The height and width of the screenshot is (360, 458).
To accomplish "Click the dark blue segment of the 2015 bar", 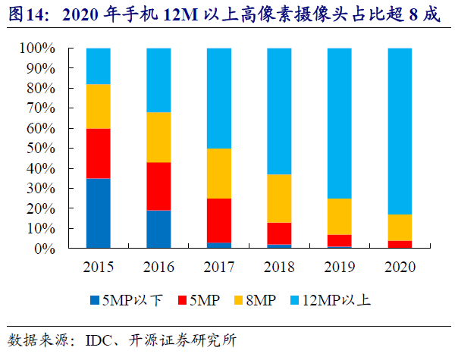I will (98, 213).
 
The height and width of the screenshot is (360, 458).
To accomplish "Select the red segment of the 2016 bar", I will (158, 186).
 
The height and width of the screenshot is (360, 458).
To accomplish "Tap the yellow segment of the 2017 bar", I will (218, 173).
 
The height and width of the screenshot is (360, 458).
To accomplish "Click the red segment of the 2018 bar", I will (279, 233).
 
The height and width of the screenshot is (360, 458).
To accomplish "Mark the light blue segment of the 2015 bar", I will (98, 66).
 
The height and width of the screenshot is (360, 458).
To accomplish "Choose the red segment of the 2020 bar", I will (400, 244).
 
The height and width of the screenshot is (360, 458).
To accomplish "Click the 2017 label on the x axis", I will (218, 266).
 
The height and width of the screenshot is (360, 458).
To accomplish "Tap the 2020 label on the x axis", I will (400, 266).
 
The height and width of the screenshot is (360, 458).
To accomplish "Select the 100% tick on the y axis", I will (39, 49).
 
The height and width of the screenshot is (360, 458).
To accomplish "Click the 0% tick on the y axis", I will (45, 249).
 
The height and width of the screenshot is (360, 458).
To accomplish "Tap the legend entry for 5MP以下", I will (121, 299).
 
